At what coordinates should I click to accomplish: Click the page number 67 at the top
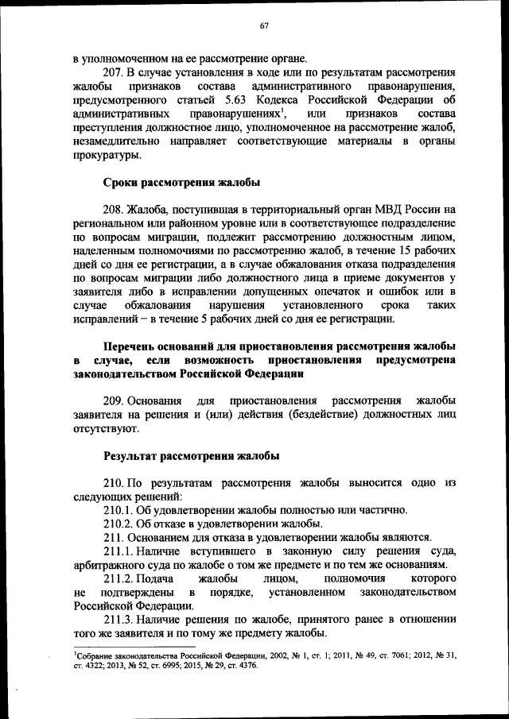[x=264, y=26]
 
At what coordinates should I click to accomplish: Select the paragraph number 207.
[x=115, y=72]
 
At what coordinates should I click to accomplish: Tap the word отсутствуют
[x=105, y=430]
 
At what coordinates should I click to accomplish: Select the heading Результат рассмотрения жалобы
[x=192, y=456]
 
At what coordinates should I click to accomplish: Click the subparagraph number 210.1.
[x=120, y=510]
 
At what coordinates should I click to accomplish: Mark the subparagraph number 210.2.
[x=120, y=524]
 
